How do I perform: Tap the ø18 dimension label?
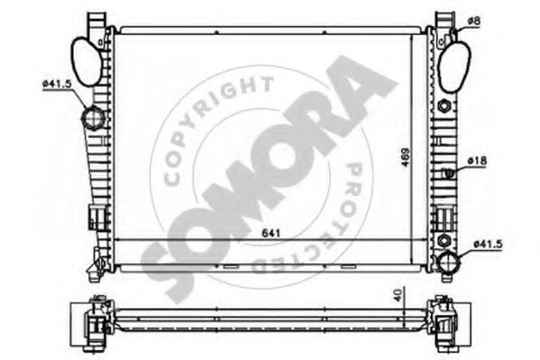click(477, 162)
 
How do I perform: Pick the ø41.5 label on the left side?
click(56, 84)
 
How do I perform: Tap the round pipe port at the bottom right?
click(448, 262)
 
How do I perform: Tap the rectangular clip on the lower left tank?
click(95, 217)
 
